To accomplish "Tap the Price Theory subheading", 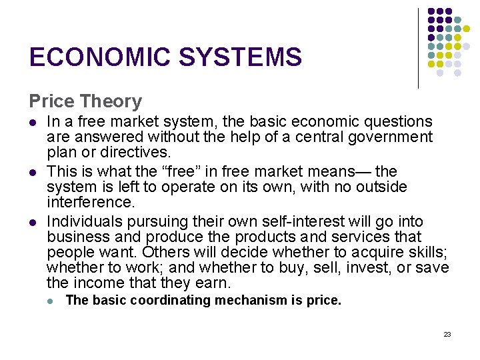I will click(85, 101).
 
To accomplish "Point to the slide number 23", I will click(447, 334).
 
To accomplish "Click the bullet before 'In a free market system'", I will click(32, 123).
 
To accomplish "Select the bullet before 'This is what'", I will click(32, 173).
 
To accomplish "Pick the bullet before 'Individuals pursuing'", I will click(32, 223).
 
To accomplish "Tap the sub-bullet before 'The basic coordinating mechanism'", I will click(51, 301).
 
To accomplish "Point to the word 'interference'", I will click(89, 202).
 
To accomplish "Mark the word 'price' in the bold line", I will click(324, 301).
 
